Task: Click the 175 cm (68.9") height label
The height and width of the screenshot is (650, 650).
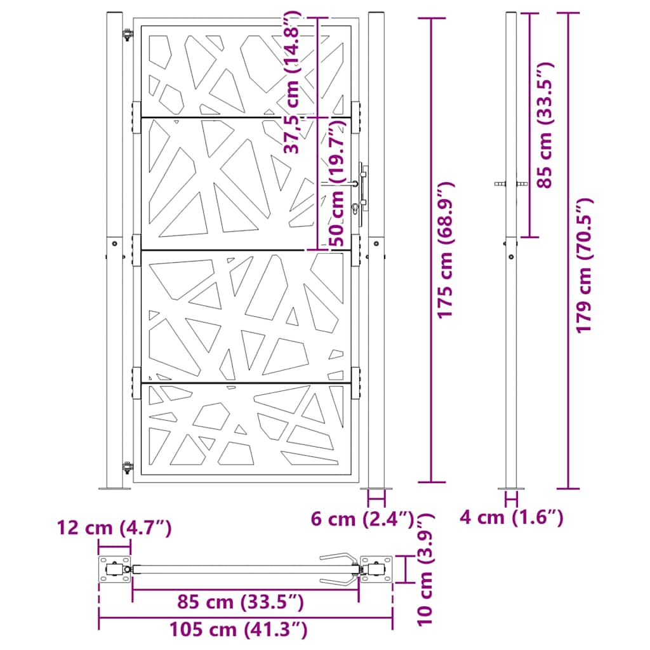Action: pyautogui.click(x=446, y=249)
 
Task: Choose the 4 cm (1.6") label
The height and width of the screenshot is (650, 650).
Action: pyautogui.click(x=512, y=519)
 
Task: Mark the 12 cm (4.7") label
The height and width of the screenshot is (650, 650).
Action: pyautogui.click(x=114, y=527)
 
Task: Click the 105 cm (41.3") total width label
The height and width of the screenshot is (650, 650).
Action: pyautogui.click(x=239, y=630)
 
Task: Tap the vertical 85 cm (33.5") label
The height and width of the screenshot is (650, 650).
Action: pyautogui.click(x=545, y=124)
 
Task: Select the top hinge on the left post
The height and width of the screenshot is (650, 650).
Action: pyautogui.click(x=128, y=35)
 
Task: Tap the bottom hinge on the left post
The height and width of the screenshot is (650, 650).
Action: pyautogui.click(x=128, y=468)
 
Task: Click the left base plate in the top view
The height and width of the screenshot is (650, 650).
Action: pyautogui.click(x=114, y=569)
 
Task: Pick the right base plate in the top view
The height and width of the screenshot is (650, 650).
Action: pyautogui.click(x=377, y=569)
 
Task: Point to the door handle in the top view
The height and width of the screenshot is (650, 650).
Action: pyautogui.click(x=339, y=569)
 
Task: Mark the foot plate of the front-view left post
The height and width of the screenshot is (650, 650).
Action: pyautogui.click(x=114, y=488)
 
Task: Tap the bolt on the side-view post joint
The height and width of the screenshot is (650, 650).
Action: pyautogui.click(x=512, y=257)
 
